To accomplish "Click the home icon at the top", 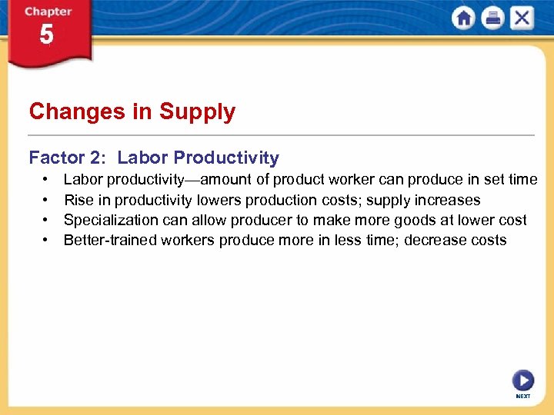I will (464, 18).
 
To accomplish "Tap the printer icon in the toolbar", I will (492, 18).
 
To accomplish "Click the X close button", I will (522, 18).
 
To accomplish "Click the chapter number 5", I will (47, 35).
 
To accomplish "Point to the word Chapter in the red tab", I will (48, 12).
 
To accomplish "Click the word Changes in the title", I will (78, 112).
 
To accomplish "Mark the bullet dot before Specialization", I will (46, 221).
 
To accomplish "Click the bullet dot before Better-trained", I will (46, 241).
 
